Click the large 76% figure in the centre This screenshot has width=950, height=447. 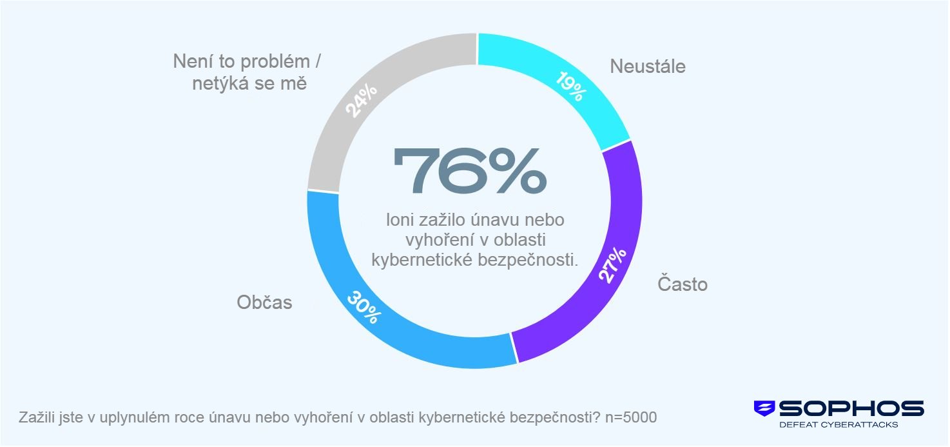point(470,172)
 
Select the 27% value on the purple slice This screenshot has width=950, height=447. point(613,264)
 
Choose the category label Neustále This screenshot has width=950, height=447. point(648,66)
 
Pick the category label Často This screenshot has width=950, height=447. point(683,284)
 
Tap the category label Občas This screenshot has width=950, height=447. point(264,302)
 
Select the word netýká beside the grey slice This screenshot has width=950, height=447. point(225,83)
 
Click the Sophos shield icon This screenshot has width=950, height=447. point(764,408)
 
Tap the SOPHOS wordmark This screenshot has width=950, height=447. point(851,408)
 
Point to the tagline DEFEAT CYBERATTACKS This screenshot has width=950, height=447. point(839,424)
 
